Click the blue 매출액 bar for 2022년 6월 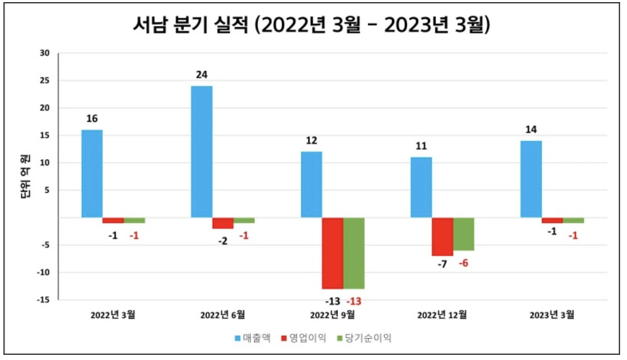(202, 151)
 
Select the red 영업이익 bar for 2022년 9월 (333, 253)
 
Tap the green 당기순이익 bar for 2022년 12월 (463, 234)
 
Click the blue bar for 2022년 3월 (92, 173)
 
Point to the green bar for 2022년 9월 (354, 253)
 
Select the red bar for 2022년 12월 (443, 237)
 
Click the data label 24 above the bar (202, 75)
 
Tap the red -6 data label (463, 264)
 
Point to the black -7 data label (442, 264)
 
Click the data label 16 (92, 119)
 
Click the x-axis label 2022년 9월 (333, 315)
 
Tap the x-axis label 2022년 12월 (443, 315)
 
